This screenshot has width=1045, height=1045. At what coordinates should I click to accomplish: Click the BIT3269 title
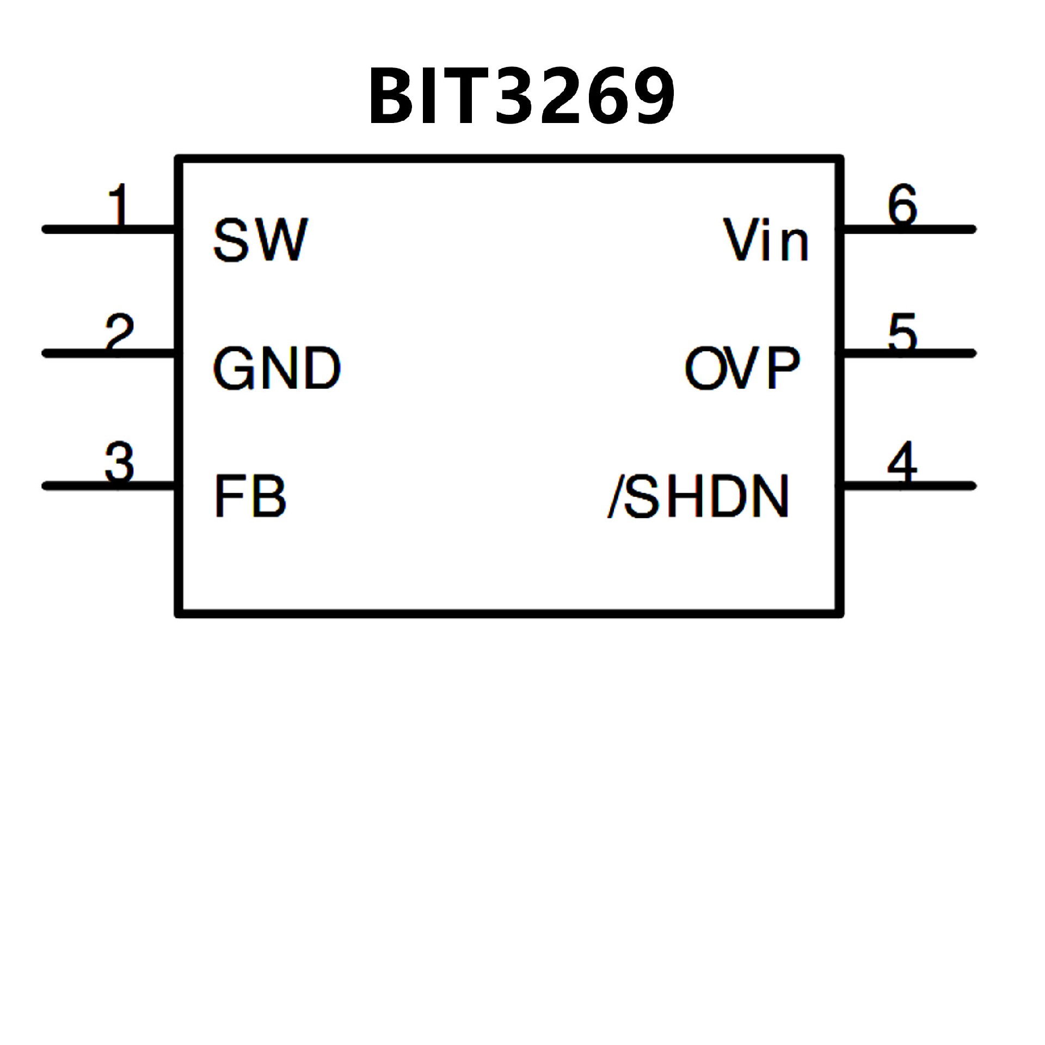pos(521,97)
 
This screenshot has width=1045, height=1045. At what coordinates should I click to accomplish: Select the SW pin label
pos(260,240)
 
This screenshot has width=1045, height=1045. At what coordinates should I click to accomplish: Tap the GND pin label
pos(276,368)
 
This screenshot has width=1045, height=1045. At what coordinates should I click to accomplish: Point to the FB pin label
pos(250,496)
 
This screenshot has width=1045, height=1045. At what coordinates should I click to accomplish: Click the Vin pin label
pos(766,240)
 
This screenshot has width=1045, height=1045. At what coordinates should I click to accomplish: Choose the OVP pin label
pos(742,368)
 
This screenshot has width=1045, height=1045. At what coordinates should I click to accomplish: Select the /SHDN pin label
pos(698,496)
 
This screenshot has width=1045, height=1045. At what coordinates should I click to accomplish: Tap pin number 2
pos(119,332)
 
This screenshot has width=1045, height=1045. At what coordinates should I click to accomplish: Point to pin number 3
pos(119,462)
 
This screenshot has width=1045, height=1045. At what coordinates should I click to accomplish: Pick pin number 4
pos(902,462)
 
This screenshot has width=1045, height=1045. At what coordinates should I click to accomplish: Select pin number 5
pos(902,332)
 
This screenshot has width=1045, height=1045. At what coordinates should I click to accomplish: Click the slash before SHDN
pos(616,496)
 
